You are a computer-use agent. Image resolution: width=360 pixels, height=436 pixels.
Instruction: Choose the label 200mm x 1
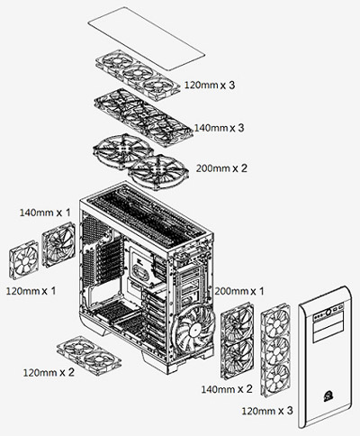240,292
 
